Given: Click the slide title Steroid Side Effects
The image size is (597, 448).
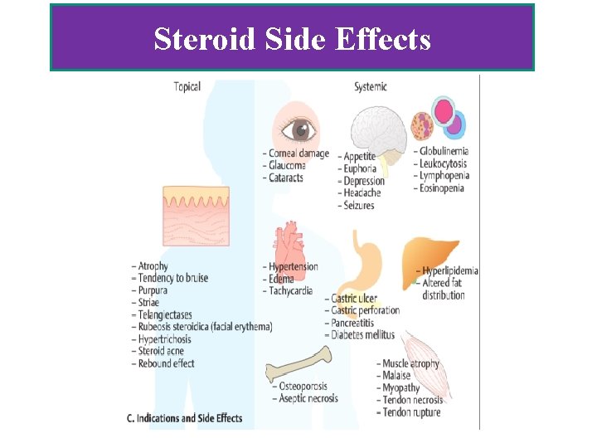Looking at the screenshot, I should [x=292, y=39].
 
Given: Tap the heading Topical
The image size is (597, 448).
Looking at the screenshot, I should [x=187, y=86].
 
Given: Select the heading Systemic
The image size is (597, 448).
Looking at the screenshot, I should [x=370, y=86].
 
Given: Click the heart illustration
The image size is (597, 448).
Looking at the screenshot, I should [x=289, y=241].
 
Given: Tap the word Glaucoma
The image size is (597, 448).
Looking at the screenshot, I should [x=287, y=165].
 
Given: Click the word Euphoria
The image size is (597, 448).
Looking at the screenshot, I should [x=360, y=168].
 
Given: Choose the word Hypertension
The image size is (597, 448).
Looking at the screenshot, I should [x=294, y=266].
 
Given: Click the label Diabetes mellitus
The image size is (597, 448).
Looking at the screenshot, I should [x=364, y=335].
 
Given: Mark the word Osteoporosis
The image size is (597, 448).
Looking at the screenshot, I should [x=303, y=386].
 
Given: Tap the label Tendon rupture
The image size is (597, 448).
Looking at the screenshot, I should [x=412, y=412].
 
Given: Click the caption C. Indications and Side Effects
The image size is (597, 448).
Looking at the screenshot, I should [x=185, y=417].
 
